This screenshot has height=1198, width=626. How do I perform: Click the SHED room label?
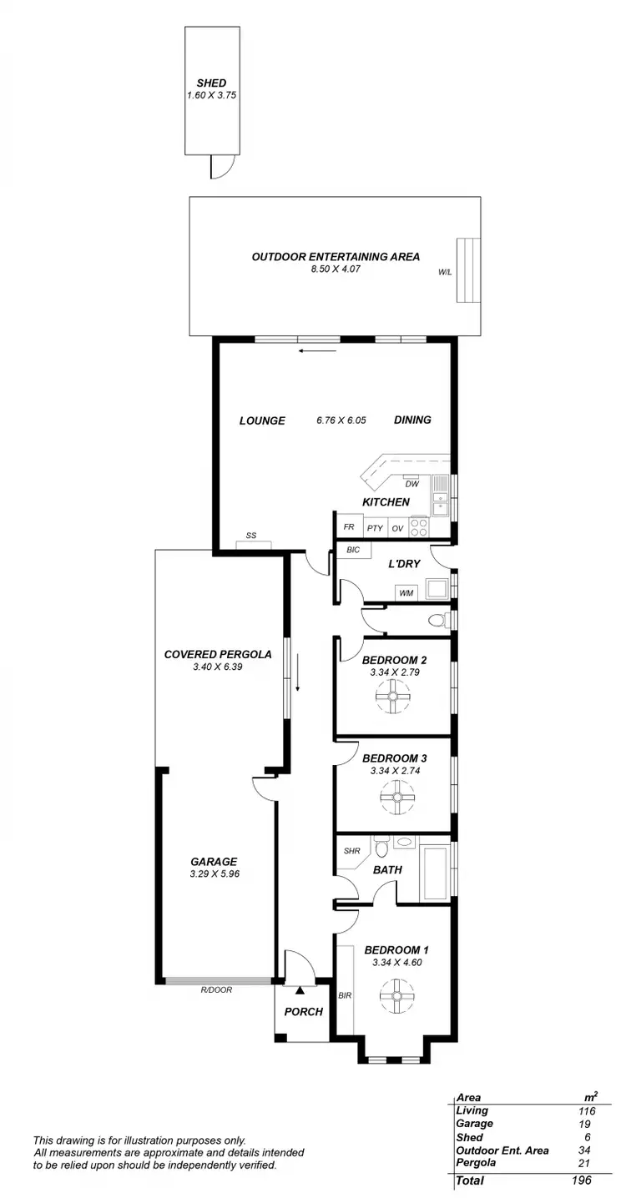click(211, 83)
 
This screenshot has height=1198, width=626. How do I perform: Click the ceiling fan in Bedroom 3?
click(397, 797)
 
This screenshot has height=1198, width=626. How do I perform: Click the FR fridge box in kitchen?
click(349, 527)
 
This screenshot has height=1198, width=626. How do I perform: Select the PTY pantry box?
click(375, 528)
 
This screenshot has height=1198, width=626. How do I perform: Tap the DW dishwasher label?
click(411, 484)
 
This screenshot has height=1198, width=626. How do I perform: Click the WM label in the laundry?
click(406, 593)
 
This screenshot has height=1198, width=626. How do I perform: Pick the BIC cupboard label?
click(353, 551)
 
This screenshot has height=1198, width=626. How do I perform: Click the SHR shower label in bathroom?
click(351, 851)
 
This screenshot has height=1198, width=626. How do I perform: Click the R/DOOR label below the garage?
click(216, 989)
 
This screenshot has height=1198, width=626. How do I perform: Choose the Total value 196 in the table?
click(581, 1180)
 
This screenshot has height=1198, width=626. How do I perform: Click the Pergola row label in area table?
click(476, 1162)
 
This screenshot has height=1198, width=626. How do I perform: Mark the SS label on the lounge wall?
click(250, 536)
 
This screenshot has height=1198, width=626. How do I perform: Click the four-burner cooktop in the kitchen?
click(419, 527)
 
